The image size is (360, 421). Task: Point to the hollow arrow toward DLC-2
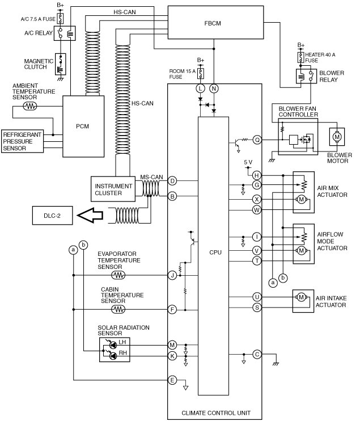90,215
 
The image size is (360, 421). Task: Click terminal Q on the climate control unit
257,140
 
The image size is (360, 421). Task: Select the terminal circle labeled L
200,89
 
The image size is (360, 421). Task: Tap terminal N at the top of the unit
214,89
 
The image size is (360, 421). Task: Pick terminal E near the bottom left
172,380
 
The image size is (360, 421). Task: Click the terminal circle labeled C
257,355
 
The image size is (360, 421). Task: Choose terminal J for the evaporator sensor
172,275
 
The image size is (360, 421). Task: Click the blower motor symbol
337,137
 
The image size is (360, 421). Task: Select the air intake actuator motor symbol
301,297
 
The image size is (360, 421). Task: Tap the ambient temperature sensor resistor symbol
30,106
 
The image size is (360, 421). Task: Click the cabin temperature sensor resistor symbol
118,310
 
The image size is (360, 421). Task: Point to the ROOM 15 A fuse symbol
200,73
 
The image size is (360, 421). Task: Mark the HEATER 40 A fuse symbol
300,57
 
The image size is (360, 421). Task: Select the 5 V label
248,162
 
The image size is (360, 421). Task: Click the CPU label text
215,252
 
